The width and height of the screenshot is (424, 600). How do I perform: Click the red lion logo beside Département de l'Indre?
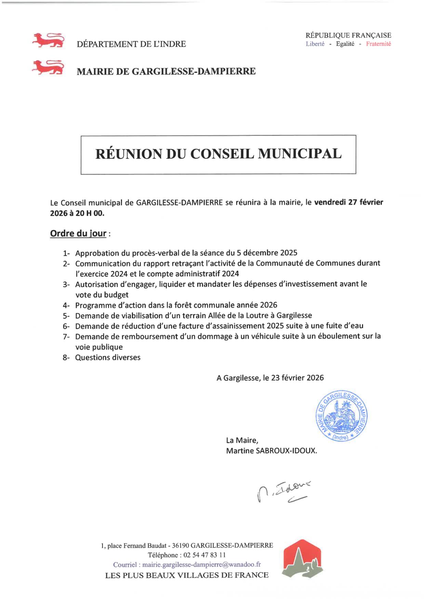coord(48,40)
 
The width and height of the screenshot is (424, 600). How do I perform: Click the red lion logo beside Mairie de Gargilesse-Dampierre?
coord(48,67)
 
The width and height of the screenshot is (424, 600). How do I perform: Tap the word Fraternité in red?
coord(378,44)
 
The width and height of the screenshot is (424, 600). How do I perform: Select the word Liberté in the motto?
coord(315,44)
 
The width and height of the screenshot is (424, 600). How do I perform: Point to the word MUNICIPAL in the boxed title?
coord(300,154)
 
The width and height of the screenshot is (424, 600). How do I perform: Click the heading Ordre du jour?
coord(78,233)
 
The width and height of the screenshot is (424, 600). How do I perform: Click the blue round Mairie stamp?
coord(341,416)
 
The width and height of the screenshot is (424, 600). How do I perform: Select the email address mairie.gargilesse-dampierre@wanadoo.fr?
coord(201,565)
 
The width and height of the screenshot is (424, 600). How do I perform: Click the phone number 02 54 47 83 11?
coord(204,555)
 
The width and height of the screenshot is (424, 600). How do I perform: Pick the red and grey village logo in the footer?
coord(302,559)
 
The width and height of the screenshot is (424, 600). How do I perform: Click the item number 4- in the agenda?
coord(66,305)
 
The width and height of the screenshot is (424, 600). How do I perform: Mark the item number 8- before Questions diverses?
coord(66,358)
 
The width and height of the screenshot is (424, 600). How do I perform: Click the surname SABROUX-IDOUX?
coord(286,451)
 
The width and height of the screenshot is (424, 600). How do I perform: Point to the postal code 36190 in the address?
coord(181,545)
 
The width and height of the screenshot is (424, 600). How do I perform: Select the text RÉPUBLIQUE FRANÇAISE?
coord(348,35)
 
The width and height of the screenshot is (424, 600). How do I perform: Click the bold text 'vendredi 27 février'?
coord(348,202)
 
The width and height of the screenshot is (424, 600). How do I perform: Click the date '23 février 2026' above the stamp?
coord(297,378)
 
